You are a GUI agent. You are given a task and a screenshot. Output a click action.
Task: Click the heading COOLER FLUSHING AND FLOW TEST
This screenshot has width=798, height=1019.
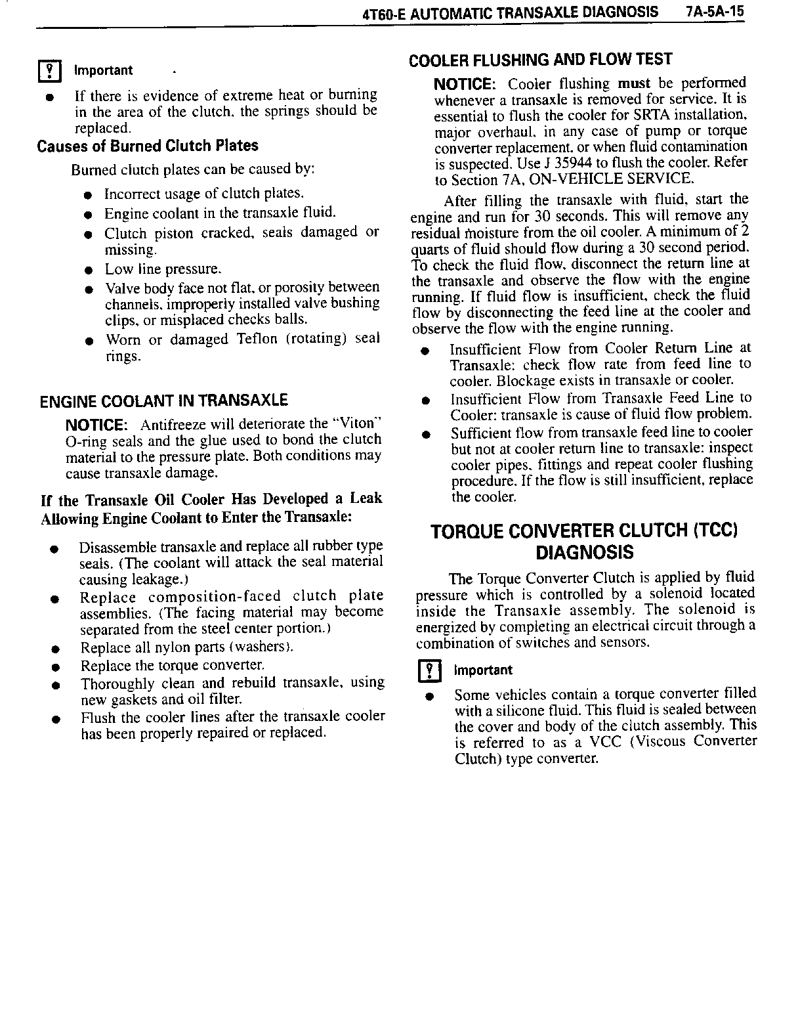tap(540, 60)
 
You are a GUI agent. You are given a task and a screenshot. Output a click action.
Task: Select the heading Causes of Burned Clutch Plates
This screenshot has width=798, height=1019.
tap(148, 146)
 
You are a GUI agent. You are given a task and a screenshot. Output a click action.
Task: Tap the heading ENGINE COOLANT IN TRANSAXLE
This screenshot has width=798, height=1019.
tap(163, 401)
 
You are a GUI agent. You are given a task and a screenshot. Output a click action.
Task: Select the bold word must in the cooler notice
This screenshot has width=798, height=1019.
tap(633, 83)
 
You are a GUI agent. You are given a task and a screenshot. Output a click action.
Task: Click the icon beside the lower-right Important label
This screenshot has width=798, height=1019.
tap(430, 670)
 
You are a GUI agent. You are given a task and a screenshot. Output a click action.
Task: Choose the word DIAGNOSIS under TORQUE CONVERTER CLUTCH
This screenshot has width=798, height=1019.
tap(585, 552)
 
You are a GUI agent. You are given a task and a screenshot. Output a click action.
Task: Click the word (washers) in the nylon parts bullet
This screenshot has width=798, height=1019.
tap(265, 648)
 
